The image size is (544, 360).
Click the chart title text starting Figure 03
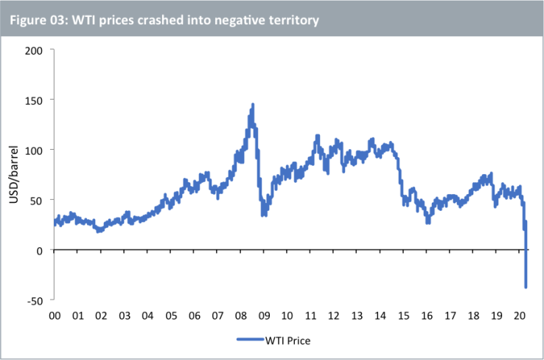[164, 20]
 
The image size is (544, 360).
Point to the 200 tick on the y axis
[35, 49]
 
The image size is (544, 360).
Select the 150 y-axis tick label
[35, 100]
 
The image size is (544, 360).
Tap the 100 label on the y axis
[35, 150]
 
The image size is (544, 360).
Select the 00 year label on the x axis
[55, 315]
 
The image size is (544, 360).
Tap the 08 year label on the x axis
[240, 315]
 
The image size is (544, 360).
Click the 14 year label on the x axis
[380, 315]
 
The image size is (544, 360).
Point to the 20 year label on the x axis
[520, 315]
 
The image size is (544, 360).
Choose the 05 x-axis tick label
[171, 315]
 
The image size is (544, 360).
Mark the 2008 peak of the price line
[252, 105]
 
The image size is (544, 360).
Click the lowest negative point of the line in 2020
[526, 287]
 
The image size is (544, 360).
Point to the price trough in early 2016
[428, 222]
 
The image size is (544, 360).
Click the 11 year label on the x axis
[310, 315]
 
